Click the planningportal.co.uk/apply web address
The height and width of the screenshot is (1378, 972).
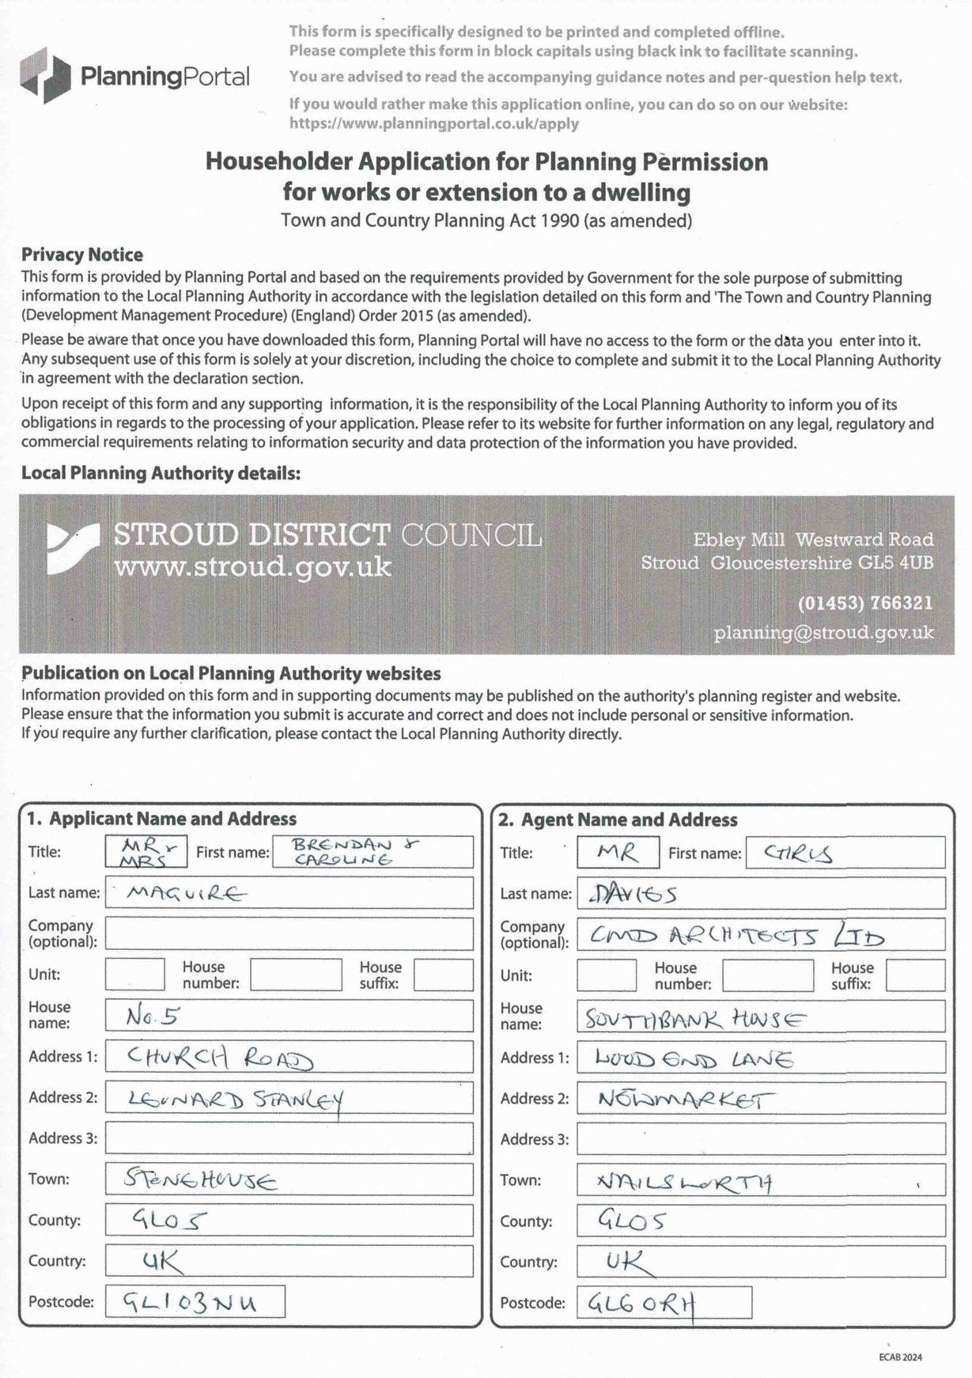[433, 123]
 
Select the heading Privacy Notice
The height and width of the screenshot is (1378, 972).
[82, 255]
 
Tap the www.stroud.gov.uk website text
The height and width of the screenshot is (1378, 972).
[252, 567]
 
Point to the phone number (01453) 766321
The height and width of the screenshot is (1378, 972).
[864, 603]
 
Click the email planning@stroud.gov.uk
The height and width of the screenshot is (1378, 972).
[823, 633]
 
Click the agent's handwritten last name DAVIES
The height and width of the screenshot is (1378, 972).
[633, 895]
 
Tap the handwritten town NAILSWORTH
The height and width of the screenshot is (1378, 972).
[684, 1182]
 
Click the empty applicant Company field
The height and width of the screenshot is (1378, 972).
[289, 934]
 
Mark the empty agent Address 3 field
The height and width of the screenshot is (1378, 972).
[760, 1139]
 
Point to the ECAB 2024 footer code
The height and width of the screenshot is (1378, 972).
[900, 1357]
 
